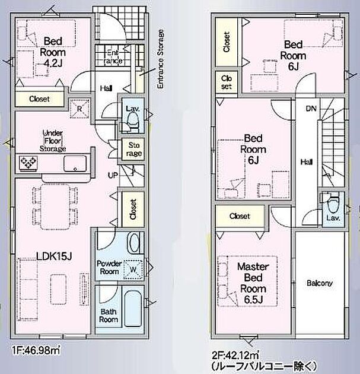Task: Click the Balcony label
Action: point(320,283)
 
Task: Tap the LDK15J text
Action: point(54,256)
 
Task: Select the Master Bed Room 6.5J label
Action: point(253,283)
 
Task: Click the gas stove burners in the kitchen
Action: point(28,163)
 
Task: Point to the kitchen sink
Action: point(75,164)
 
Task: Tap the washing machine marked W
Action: point(133,270)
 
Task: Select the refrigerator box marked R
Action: point(79,109)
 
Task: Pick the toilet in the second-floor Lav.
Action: point(333,204)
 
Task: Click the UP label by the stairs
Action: point(113,175)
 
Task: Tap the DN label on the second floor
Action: point(311,109)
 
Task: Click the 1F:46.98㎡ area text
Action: point(36,350)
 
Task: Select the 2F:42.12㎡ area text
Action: point(235,356)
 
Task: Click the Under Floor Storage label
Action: point(53,141)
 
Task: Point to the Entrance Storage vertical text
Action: point(161,59)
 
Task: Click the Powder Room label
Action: point(109,267)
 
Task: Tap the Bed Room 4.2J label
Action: point(53,52)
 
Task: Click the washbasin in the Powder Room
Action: point(134,243)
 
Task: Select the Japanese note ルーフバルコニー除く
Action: point(265,366)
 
